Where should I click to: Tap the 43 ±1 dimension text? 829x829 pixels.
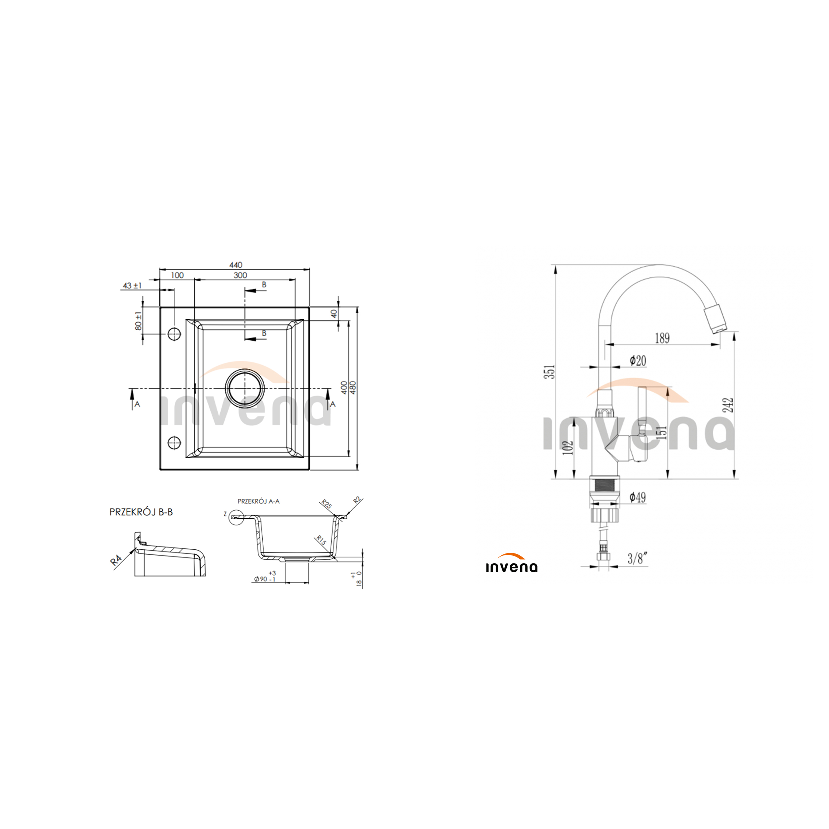[132, 286]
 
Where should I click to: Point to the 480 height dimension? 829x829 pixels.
[353, 388]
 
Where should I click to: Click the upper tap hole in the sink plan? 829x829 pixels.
[174, 333]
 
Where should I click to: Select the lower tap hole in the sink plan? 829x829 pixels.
[174, 442]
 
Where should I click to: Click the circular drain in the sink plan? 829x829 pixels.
[245, 388]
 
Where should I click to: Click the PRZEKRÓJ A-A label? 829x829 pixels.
[258, 501]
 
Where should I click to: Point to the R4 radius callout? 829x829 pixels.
[116, 560]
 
